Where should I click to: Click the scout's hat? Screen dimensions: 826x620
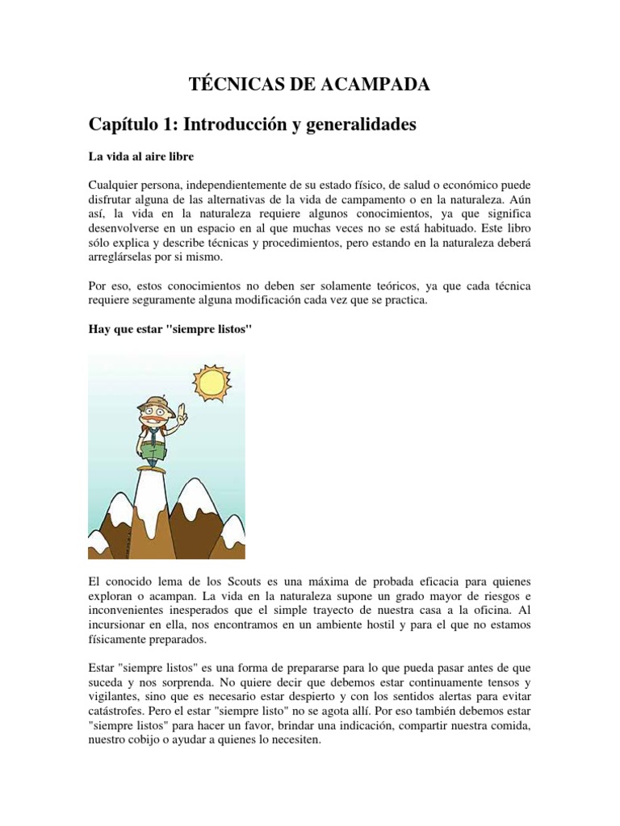(x=153, y=406)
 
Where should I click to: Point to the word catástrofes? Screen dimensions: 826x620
(x=119, y=712)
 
